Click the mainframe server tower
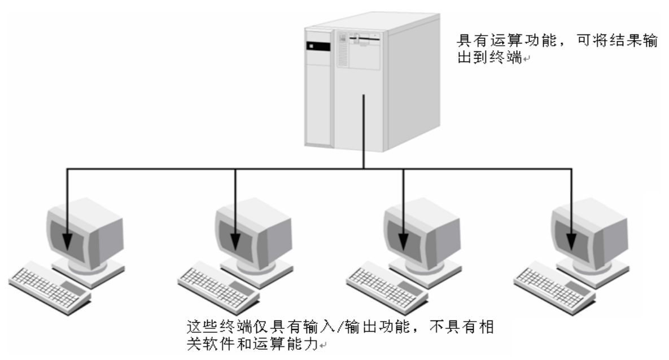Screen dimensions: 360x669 [361, 85]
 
